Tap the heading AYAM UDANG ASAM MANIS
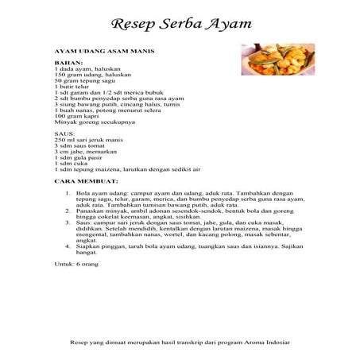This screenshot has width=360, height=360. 104,50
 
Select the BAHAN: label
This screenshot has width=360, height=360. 68,62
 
